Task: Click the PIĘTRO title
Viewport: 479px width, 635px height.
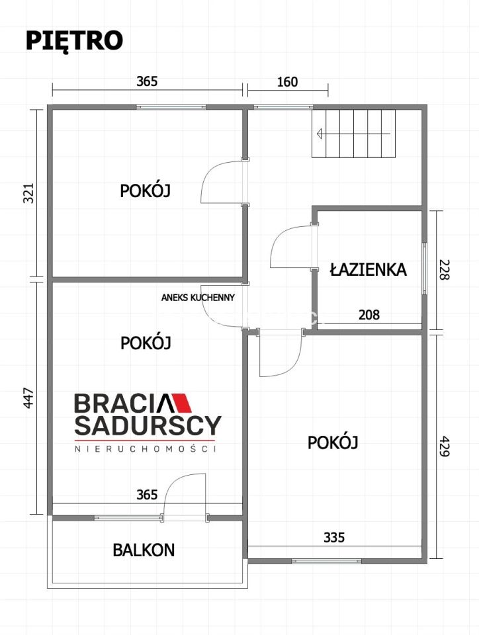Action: [x=74, y=40]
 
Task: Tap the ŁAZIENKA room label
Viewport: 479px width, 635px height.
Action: [x=368, y=269]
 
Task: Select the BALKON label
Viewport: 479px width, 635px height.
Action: [x=144, y=549]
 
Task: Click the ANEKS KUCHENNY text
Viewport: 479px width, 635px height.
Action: [x=198, y=298]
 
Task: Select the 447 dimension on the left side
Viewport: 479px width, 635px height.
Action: [x=28, y=398]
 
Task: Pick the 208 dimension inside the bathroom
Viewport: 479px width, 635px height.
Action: [x=369, y=315]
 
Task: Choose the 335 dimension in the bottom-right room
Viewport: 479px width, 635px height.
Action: [x=334, y=537]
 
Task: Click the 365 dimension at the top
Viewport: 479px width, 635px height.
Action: [x=147, y=82]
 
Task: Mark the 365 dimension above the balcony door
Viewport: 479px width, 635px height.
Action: [x=147, y=494]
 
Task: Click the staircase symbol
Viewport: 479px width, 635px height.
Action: [x=354, y=134]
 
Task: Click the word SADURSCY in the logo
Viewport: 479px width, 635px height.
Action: [x=147, y=425]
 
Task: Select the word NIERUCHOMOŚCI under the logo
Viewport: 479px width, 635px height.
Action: [x=147, y=448]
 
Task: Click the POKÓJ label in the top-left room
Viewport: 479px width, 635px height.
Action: [x=146, y=190]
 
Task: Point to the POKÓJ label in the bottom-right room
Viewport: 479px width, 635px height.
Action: [x=333, y=443]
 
